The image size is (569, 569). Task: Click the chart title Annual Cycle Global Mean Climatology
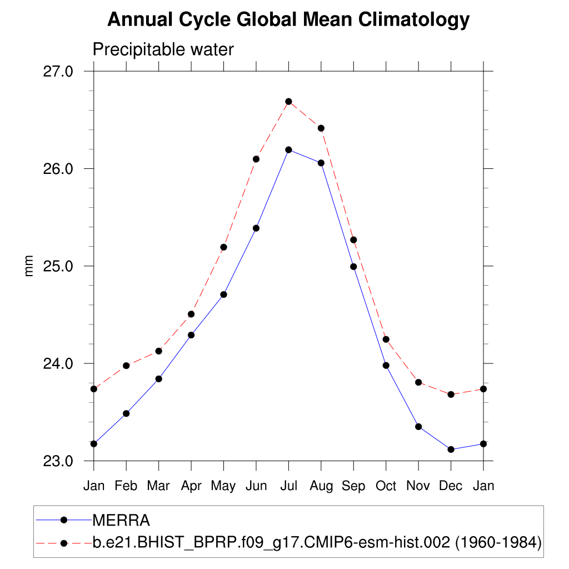coord(288,20)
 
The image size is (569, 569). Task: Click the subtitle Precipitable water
coord(163,49)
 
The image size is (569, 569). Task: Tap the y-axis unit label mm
coord(29,266)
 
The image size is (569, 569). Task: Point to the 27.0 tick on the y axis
coord(58,71)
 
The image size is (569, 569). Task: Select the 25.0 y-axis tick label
coord(58,266)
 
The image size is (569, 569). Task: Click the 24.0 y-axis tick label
coord(58,363)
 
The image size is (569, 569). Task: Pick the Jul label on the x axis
coord(288,486)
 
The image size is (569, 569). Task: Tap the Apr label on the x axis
coord(191,486)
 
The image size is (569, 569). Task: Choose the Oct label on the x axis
coord(386,486)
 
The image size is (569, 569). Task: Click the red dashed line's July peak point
coord(288,102)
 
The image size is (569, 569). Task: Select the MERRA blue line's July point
coord(288,149)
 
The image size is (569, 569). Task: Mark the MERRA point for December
coord(451,450)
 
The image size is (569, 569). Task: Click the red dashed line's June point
coord(256,159)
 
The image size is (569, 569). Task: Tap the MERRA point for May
coord(223,295)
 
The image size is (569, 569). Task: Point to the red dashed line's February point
coord(126,366)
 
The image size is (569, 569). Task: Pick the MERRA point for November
coord(418,427)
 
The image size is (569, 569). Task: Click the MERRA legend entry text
coord(121,521)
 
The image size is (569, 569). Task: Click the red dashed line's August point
coord(321,128)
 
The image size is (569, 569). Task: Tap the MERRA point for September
coord(353,267)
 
